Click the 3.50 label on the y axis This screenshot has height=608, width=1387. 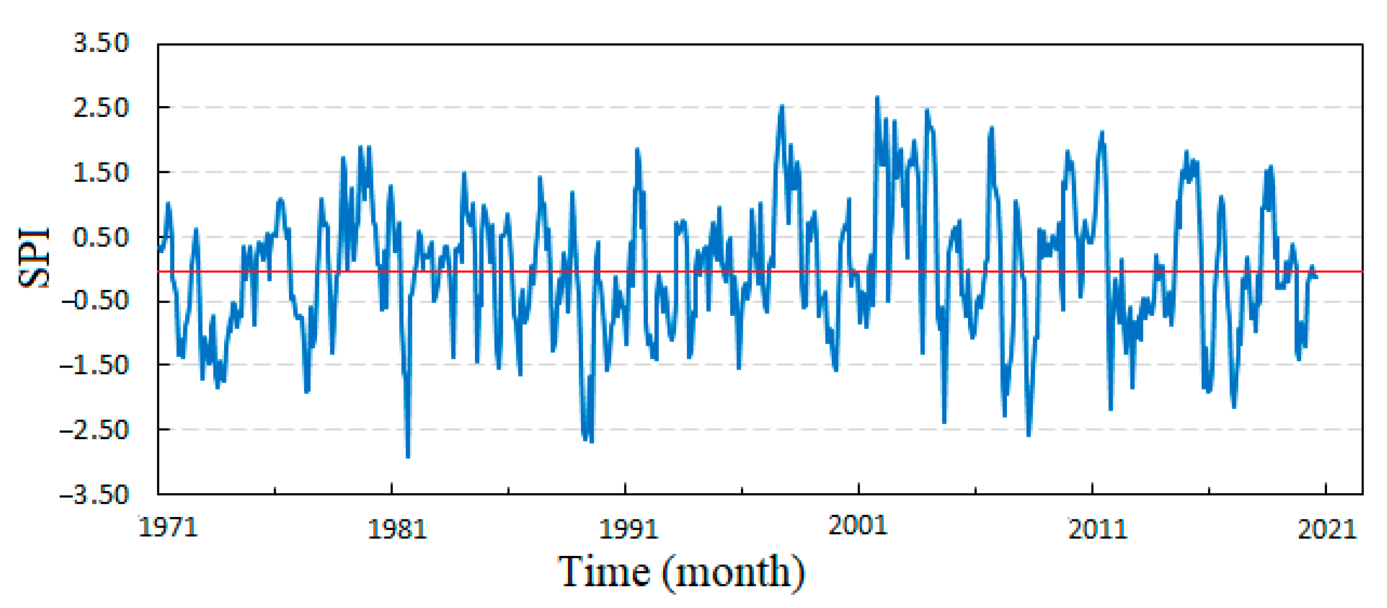pyautogui.click(x=101, y=43)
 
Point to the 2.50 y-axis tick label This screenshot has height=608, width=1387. pyautogui.click(x=101, y=108)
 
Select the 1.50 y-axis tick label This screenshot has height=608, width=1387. pyautogui.click(x=101, y=173)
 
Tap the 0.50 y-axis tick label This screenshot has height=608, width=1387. pyautogui.click(x=101, y=237)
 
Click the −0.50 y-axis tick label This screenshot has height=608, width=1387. pyautogui.click(x=95, y=300)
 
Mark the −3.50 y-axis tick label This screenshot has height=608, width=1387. pyautogui.click(x=95, y=495)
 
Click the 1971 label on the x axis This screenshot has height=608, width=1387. pyautogui.click(x=169, y=527)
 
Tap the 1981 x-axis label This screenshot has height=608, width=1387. pyautogui.click(x=398, y=530)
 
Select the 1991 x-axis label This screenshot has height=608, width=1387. pyautogui.click(x=629, y=530)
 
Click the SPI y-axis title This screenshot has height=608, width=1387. pyautogui.click(x=34, y=257)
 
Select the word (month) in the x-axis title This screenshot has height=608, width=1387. pyautogui.click(x=733, y=572)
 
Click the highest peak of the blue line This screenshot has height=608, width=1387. pyautogui.click(x=877, y=97)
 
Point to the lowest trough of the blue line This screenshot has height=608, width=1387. pyautogui.click(x=408, y=457)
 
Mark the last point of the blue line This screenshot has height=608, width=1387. pyautogui.click(x=1316, y=277)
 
